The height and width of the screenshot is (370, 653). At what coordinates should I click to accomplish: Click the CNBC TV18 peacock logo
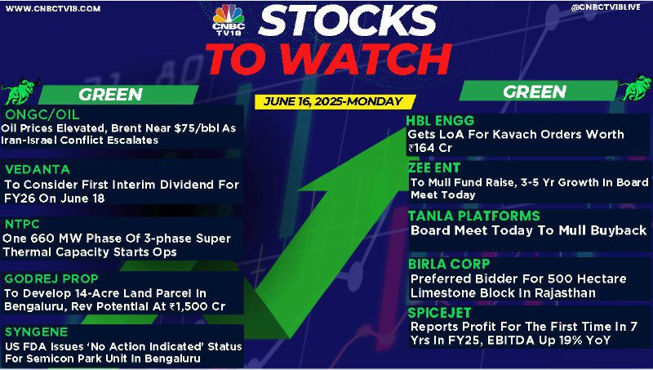pyautogui.click(x=229, y=20)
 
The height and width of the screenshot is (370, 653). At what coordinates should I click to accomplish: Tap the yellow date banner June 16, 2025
pyautogui.click(x=335, y=101)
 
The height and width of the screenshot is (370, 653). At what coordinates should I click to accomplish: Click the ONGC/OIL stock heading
pyautogui.click(x=42, y=114)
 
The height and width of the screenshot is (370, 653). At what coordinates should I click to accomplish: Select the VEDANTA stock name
pyautogui.click(x=38, y=169)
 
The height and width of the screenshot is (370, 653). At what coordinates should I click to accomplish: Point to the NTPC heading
pyautogui.click(x=23, y=224)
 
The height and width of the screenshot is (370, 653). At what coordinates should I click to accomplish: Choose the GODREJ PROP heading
pyautogui.click(x=51, y=279)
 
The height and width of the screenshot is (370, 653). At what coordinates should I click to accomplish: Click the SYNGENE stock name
pyautogui.click(x=36, y=332)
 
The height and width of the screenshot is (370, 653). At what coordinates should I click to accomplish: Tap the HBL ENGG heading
pyautogui.click(x=440, y=121)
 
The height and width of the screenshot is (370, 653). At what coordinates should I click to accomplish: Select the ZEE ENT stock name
pyautogui.click(x=434, y=168)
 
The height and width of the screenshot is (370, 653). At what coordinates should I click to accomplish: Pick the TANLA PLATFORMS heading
pyautogui.click(x=474, y=216)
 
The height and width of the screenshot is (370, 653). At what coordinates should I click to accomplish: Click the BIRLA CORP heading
pyautogui.click(x=449, y=264)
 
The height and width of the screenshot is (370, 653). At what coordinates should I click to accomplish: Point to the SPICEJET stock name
pyautogui.click(x=439, y=313)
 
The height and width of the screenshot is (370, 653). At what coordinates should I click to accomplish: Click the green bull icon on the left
pyautogui.click(x=20, y=91)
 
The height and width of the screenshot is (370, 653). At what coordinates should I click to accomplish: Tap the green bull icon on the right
pyautogui.click(x=635, y=87)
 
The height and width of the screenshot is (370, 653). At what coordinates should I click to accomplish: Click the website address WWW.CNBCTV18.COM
pyautogui.click(x=53, y=8)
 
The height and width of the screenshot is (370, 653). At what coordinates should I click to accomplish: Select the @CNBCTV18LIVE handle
pyautogui.click(x=606, y=7)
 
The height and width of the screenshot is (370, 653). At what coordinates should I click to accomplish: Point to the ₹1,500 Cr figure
pyautogui.click(x=197, y=306)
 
